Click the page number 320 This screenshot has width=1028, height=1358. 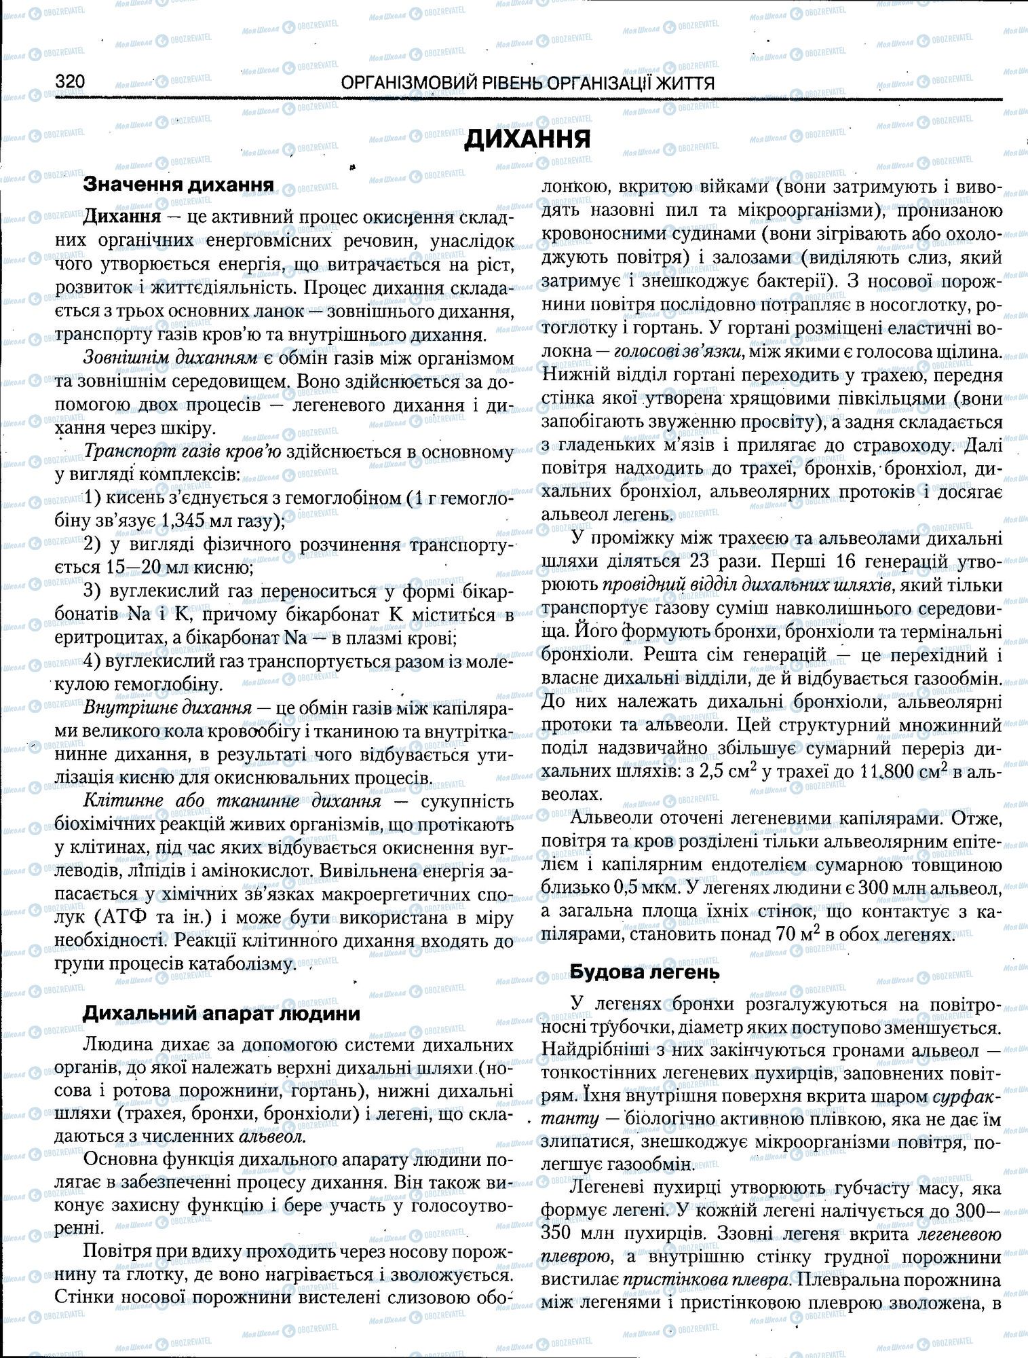tap(69, 82)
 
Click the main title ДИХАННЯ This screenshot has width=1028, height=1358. tap(527, 139)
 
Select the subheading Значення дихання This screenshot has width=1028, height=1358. tap(178, 185)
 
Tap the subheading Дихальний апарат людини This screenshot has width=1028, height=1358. tap(221, 1013)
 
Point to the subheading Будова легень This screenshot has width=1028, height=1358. tap(644, 972)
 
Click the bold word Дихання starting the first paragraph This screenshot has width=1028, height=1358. tap(122, 217)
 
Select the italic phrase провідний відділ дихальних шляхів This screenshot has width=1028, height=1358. tap(706, 585)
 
